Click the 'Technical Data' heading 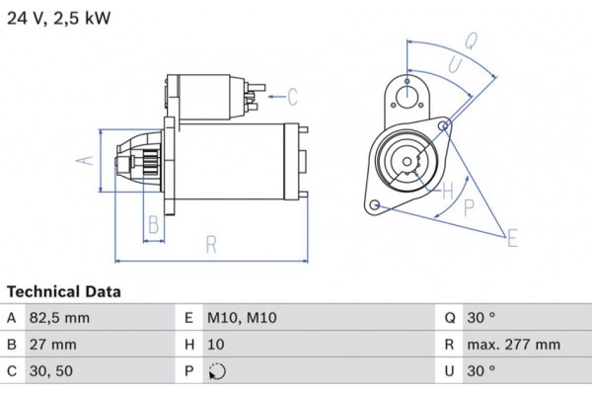64,292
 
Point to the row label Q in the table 449,318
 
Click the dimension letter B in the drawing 153,224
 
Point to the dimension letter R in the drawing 211,245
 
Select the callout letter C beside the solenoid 293,96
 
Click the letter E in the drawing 513,237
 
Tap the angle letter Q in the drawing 471,41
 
